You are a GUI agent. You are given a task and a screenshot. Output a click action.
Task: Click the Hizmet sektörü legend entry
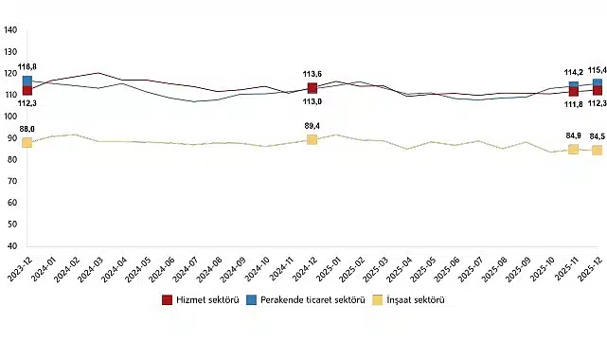coord(200,300)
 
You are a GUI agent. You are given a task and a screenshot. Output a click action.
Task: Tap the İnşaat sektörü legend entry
coord(409,300)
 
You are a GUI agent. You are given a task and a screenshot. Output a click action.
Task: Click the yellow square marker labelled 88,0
coord(27,142)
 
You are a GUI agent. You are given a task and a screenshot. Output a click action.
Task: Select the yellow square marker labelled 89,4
coord(312,139)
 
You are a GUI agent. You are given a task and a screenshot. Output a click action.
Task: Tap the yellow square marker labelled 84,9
coord(573,149)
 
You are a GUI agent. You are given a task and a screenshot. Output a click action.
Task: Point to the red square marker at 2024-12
coord(312,88)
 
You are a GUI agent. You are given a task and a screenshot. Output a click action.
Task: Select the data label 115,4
coord(597,70)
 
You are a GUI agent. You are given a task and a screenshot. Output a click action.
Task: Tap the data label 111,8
coord(572,104)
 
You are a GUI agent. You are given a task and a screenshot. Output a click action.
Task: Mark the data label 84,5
coord(597,136)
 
